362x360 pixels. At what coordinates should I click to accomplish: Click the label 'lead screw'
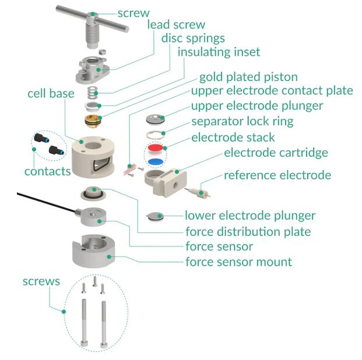point(176,24)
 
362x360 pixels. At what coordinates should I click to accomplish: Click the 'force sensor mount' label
point(238,262)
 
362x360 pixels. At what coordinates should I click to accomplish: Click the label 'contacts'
point(47,171)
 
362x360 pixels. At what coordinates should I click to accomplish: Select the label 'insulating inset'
point(219,52)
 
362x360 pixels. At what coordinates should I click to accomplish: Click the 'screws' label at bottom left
point(41,281)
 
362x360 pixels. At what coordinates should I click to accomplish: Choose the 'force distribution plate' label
point(248,231)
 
